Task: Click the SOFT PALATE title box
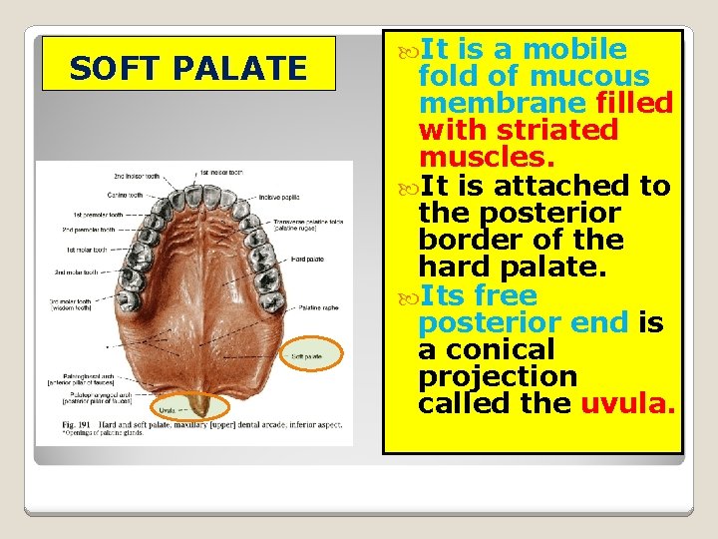click(188, 66)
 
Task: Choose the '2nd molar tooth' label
click(78, 271)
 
